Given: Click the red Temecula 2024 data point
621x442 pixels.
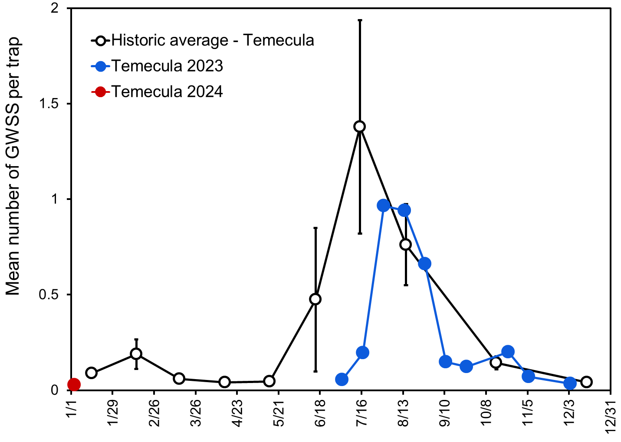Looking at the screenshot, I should click(x=74, y=384).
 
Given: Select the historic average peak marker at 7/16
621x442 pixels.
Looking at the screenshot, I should click(x=359, y=127).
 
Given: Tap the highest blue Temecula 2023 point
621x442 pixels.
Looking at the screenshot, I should click(x=383, y=206).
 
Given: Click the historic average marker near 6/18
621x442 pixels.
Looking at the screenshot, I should click(x=315, y=299).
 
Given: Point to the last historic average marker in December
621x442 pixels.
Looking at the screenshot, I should click(x=586, y=382).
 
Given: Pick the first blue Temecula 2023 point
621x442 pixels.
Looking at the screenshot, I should click(x=342, y=380).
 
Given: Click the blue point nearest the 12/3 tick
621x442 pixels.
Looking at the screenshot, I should click(x=570, y=383).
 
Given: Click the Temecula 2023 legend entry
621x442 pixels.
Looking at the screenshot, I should click(x=167, y=66).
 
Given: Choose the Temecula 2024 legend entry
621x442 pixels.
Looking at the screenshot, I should click(x=167, y=92).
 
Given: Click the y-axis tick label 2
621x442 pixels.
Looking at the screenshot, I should click(x=55, y=9).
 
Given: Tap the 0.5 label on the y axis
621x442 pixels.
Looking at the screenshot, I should click(x=48, y=295).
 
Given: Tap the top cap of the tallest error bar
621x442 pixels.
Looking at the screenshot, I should click(x=359, y=20).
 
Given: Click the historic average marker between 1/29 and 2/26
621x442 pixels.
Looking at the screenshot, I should click(x=136, y=354).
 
